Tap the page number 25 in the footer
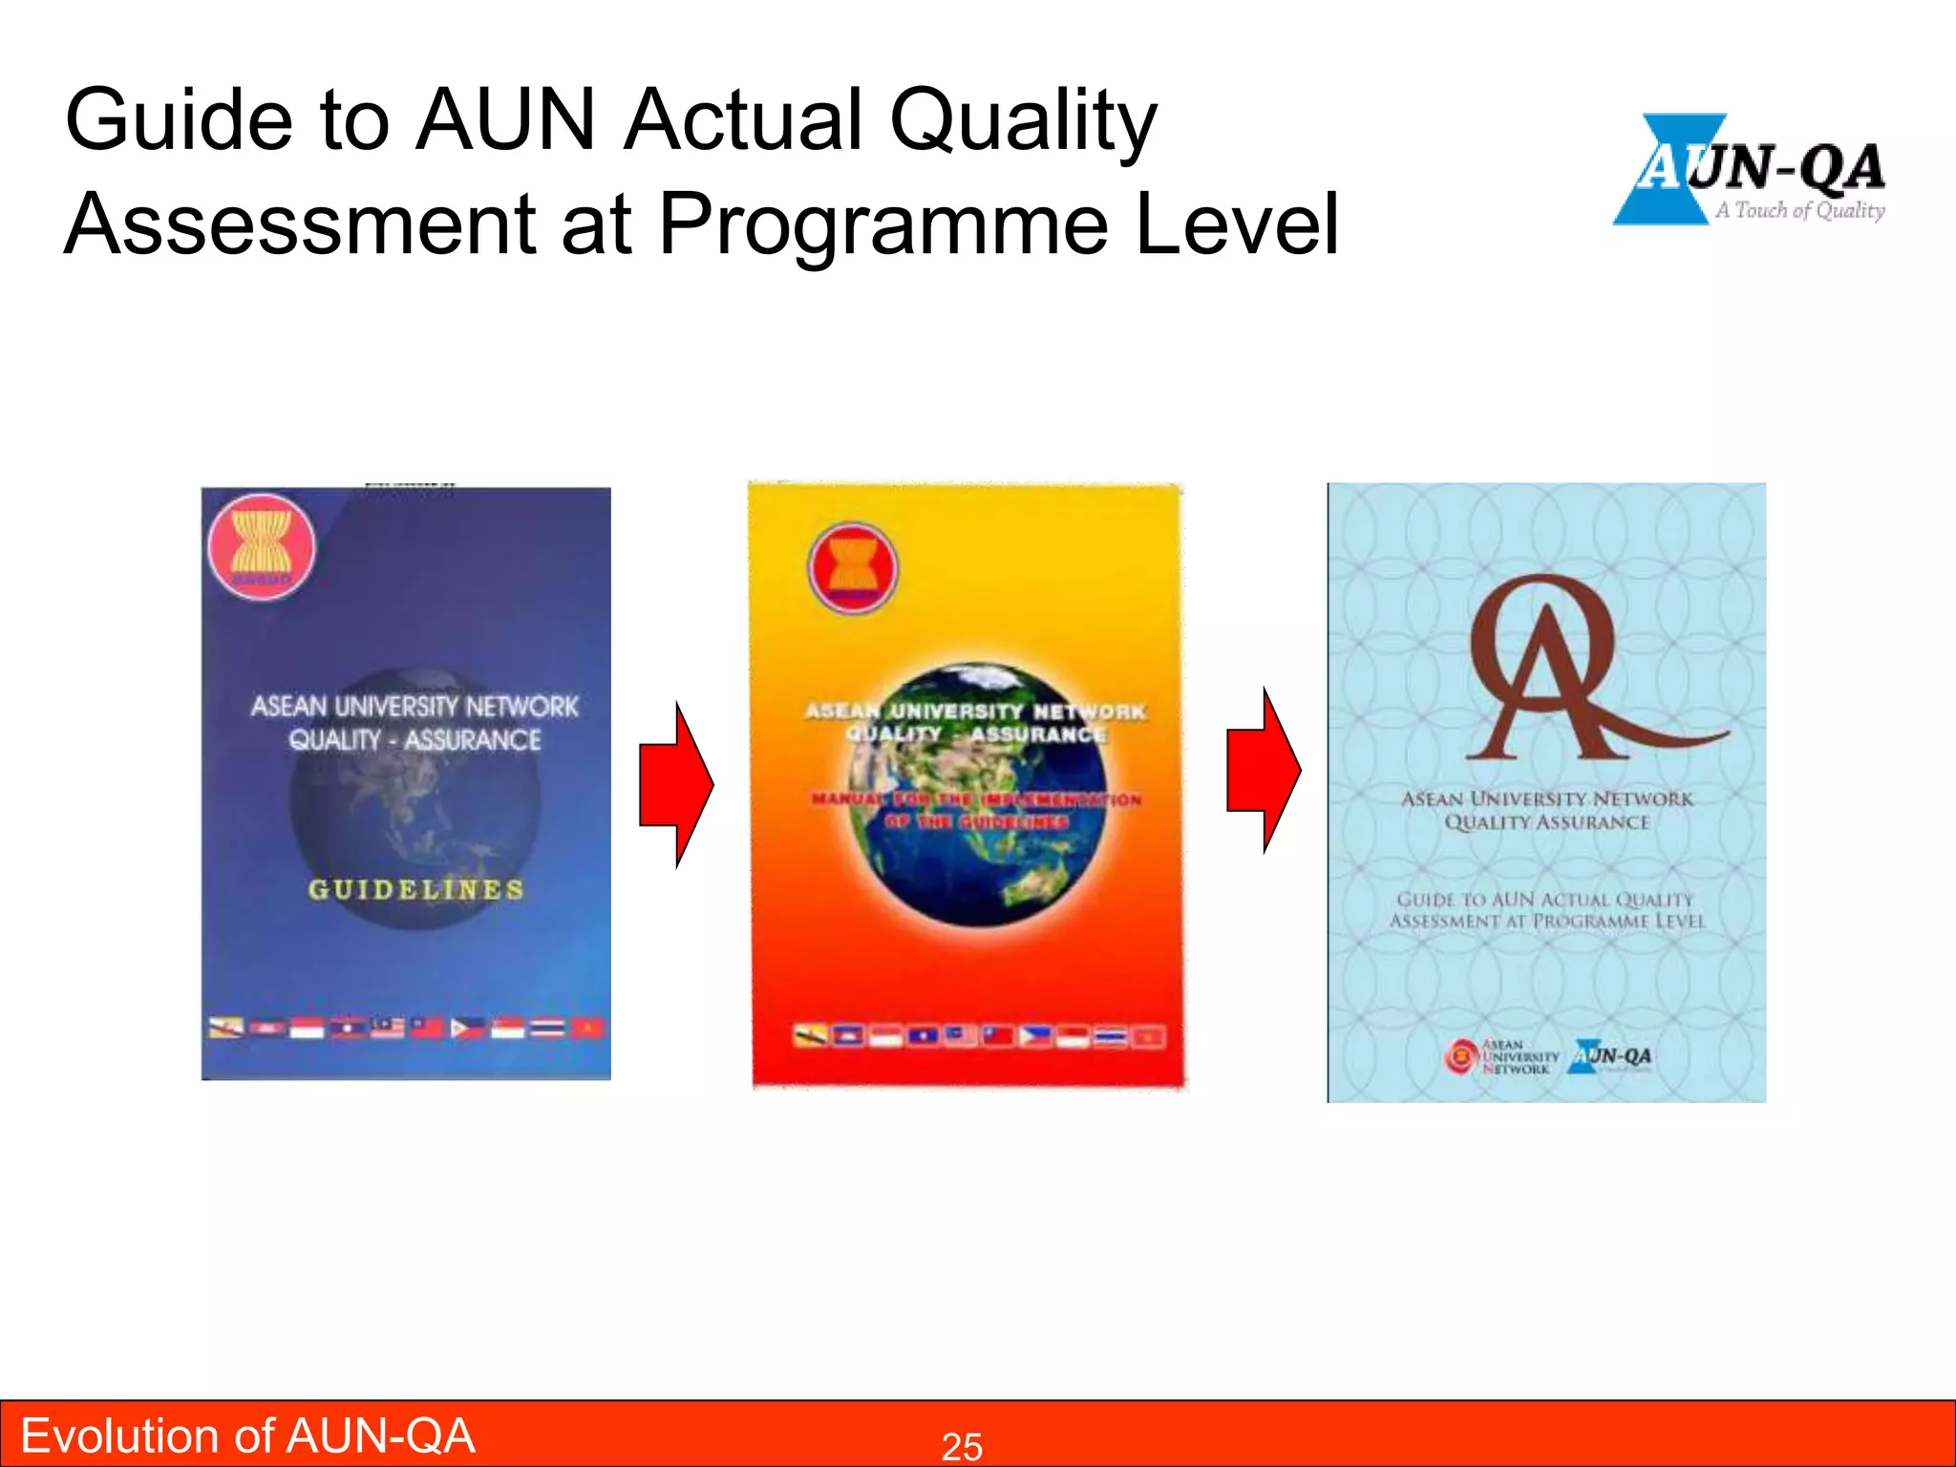pos(962,1447)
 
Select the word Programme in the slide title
pos(884,224)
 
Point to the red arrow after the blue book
pos(676,785)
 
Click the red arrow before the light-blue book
pos(1263,770)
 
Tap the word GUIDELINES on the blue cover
pos(415,890)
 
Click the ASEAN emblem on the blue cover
pos(261,546)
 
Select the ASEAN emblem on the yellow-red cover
pos(853,567)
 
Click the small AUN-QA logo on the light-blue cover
pos(1610,1056)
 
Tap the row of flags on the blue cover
pos(407,1029)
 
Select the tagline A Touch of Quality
pos(1799,210)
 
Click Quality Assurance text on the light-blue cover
pos(1546,822)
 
